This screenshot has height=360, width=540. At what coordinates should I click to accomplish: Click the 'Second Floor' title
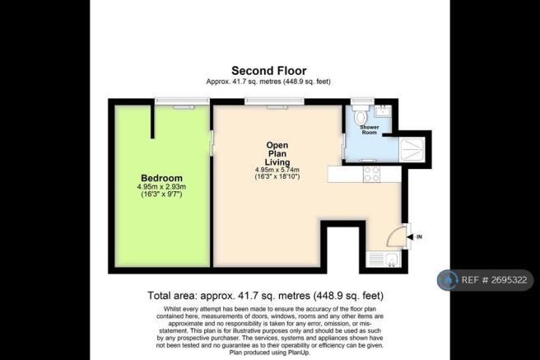coord(269,71)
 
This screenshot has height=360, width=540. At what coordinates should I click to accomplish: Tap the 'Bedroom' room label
coord(161,178)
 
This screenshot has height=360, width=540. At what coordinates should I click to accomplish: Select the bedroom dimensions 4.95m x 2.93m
coord(161,187)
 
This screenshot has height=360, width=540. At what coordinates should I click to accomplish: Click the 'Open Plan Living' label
coord(277,152)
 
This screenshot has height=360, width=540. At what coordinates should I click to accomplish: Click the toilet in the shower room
coord(358,115)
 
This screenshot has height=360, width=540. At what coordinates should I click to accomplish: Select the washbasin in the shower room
coord(384,110)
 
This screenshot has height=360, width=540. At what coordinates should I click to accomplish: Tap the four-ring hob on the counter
coord(370,175)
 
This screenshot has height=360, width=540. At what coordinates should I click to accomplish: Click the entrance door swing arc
coord(396,236)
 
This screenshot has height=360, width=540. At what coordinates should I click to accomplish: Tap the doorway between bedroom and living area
coord(211,148)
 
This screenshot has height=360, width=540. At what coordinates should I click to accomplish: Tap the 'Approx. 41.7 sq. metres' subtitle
coord(269,82)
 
